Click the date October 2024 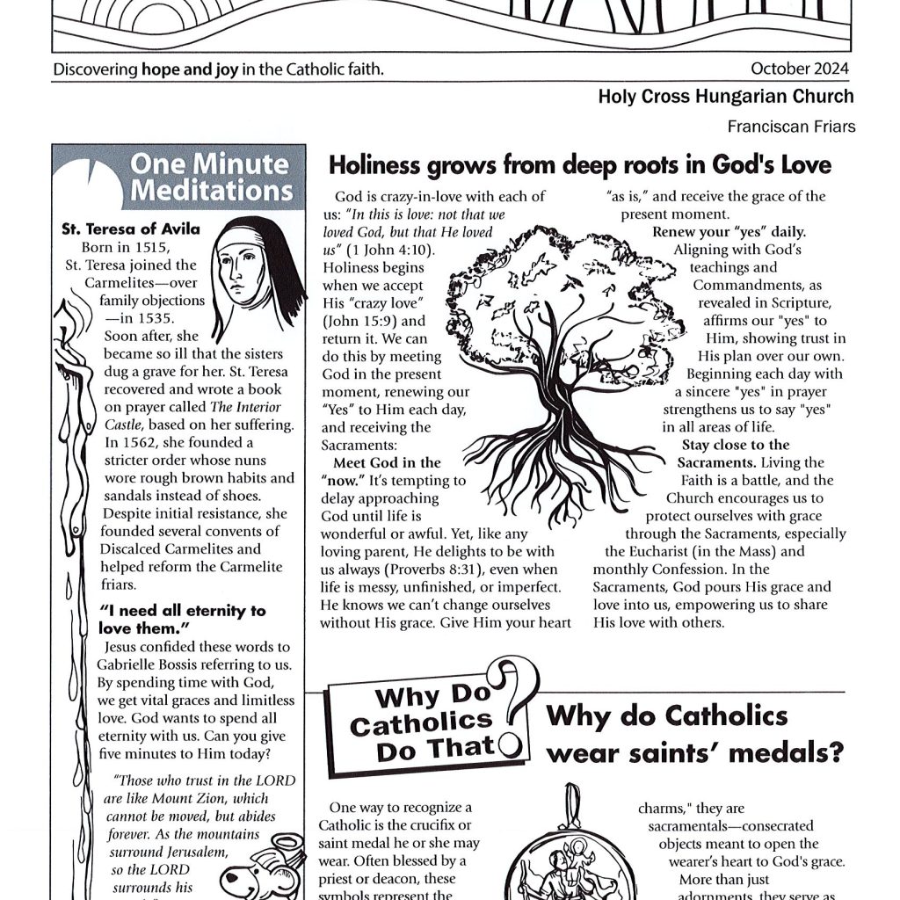[802, 69]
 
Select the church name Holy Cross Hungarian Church [725, 98]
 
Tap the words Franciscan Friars [791, 127]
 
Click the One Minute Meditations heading [211, 177]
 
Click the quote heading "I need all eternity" [183, 619]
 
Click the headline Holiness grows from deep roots [579, 165]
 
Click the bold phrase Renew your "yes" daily [729, 233]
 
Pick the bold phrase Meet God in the [387, 462]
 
